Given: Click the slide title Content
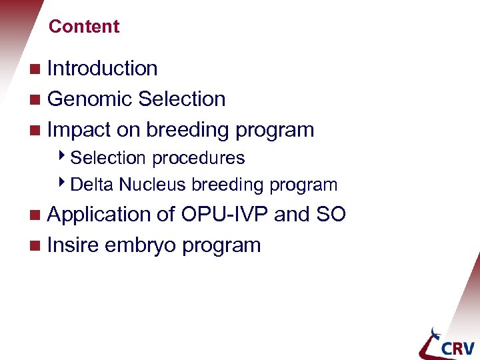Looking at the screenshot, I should tap(84, 27).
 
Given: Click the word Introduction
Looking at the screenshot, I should tap(102, 69).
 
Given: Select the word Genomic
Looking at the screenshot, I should tap(89, 99).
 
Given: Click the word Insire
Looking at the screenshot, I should tap(74, 245).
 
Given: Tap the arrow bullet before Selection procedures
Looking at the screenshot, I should tap(63, 158).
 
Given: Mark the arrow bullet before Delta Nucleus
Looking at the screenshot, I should tap(63, 184).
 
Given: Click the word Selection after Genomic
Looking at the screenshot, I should tap(181, 99).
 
